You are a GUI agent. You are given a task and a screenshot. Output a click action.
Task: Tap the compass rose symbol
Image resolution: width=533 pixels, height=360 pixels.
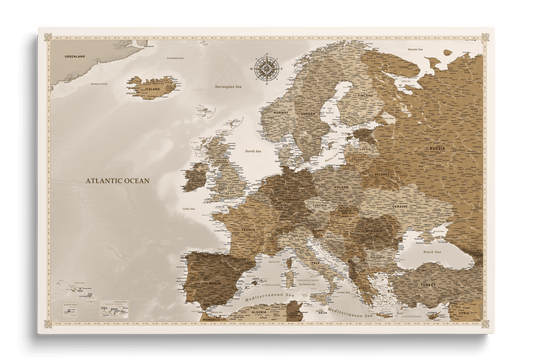point(268,68)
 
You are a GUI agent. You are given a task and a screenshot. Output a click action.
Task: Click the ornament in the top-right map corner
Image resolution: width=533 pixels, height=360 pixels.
point(486,38)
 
